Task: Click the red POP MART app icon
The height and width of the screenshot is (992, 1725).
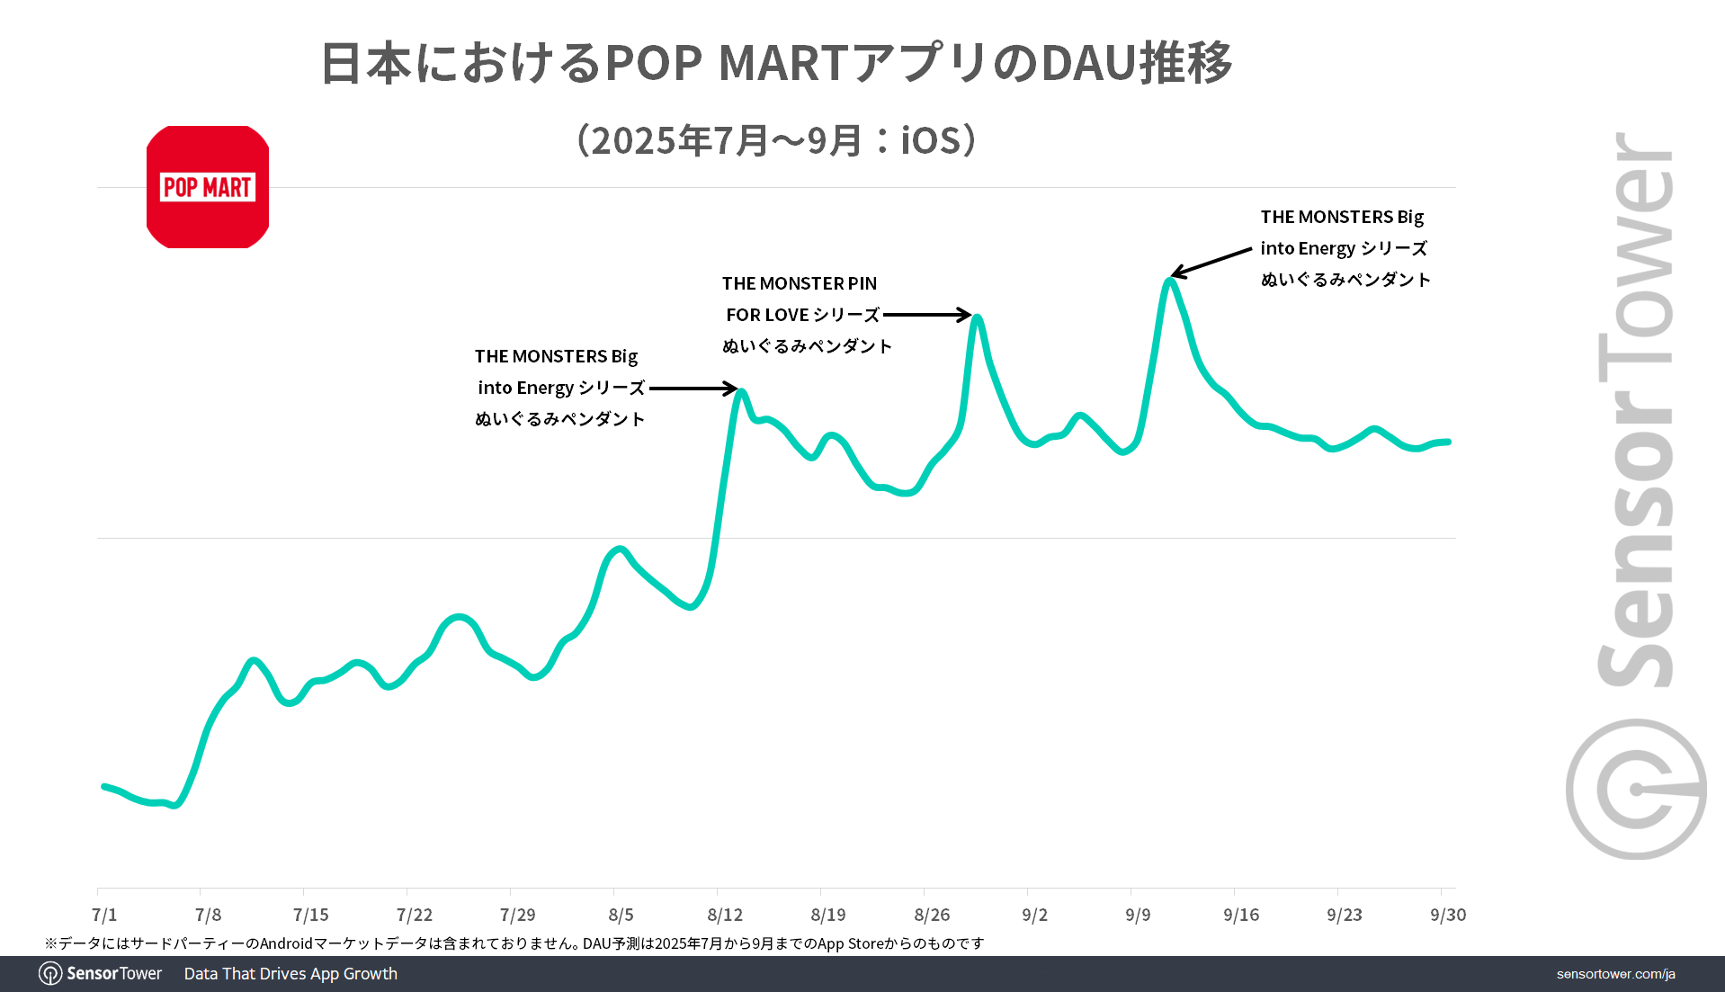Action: tap(208, 187)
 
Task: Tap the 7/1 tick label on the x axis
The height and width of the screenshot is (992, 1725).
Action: tap(104, 915)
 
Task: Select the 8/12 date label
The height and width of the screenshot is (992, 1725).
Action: tap(725, 915)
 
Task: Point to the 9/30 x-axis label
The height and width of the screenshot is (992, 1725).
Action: tap(1448, 915)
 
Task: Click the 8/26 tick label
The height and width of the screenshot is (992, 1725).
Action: tap(932, 915)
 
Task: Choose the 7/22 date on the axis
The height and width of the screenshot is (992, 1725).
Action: tap(415, 915)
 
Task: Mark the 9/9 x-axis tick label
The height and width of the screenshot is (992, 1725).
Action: tap(1138, 915)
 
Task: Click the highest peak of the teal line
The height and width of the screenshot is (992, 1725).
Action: tap(1169, 281)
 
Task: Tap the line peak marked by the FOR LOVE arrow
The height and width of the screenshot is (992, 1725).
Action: tap(977, 317)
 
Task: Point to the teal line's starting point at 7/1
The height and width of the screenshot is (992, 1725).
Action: tap(104, 786)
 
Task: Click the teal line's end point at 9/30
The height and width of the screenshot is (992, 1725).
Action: tap(1448, 442)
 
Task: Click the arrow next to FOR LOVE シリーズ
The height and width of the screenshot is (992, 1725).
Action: tap(926, 315)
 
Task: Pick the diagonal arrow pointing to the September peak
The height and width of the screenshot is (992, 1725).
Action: tap(1211, 262)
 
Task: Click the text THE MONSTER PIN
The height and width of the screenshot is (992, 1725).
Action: tap(799, 283)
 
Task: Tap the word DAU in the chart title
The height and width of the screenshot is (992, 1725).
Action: tap(1088, 63)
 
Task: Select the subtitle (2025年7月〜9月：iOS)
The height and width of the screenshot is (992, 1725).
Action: tap(776, 140)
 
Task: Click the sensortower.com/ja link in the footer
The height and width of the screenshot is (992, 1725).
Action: tap(1615, 974)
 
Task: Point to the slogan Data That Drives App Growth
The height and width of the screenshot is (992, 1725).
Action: tap(290, 974)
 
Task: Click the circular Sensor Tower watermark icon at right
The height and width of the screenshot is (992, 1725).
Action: tap(1636, 789)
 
